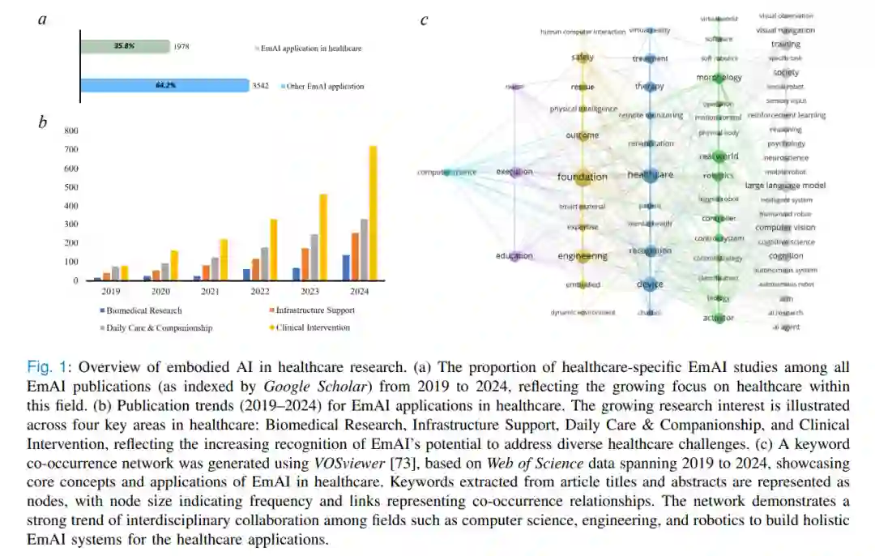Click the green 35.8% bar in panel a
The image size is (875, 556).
125,46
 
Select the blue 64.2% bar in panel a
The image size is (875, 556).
164,85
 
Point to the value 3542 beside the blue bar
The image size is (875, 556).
259,86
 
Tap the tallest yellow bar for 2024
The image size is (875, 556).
373,213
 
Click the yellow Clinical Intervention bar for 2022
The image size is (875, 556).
273,250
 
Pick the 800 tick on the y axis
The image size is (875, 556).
71,130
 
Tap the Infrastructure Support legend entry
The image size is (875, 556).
314,310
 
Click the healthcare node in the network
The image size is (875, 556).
650,174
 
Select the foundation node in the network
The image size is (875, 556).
582,177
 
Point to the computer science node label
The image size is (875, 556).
447,172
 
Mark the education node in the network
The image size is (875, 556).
515,256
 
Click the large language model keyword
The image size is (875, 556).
785,186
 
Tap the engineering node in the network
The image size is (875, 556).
583,256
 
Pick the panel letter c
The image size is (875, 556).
424,20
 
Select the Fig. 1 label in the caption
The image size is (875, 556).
45,366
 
